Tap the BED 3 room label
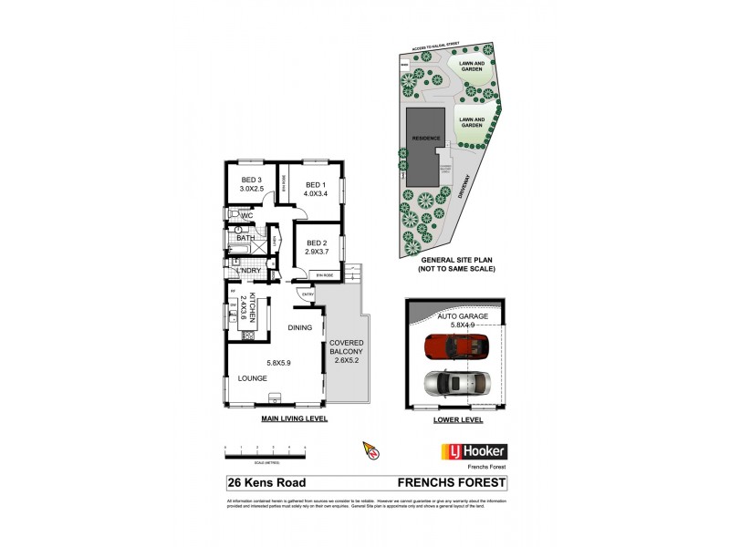coord(252,180)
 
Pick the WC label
coord(245,215)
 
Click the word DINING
coord(301,327)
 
